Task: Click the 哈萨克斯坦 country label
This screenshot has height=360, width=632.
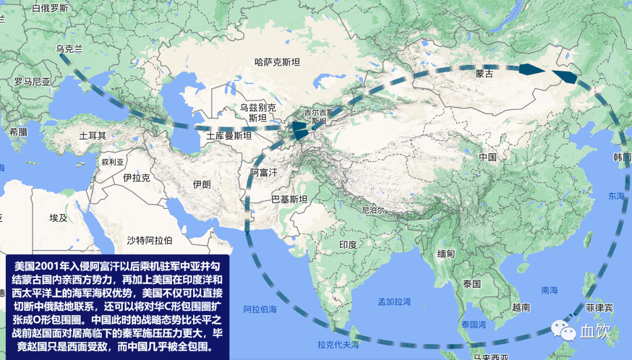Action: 277,61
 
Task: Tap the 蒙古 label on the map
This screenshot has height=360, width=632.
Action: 484,74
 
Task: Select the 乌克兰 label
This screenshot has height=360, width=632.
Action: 70,49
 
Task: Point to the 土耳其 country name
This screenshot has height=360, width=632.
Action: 93,135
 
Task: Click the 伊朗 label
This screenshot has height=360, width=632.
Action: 201,184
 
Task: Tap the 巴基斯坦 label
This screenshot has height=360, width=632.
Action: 290,199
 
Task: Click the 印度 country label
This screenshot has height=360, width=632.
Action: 348,244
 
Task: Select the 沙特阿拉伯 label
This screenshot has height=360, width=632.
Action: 150,240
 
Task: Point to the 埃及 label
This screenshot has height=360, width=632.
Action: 59,218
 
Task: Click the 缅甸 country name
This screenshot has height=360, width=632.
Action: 446,254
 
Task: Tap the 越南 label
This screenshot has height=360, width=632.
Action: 521,307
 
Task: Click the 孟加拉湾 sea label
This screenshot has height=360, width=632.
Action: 394,302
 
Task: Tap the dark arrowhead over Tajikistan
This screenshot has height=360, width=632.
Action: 300,131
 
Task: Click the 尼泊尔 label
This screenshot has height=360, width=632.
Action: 372,210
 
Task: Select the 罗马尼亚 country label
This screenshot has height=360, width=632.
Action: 32,81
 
